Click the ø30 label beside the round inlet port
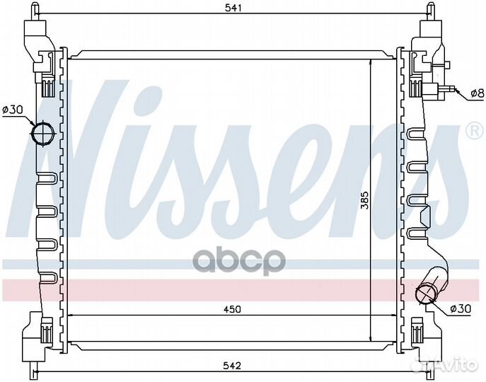pyautogui.click(x=13, y=110)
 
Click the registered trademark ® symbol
pyautogui.click(x=473, y=131)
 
